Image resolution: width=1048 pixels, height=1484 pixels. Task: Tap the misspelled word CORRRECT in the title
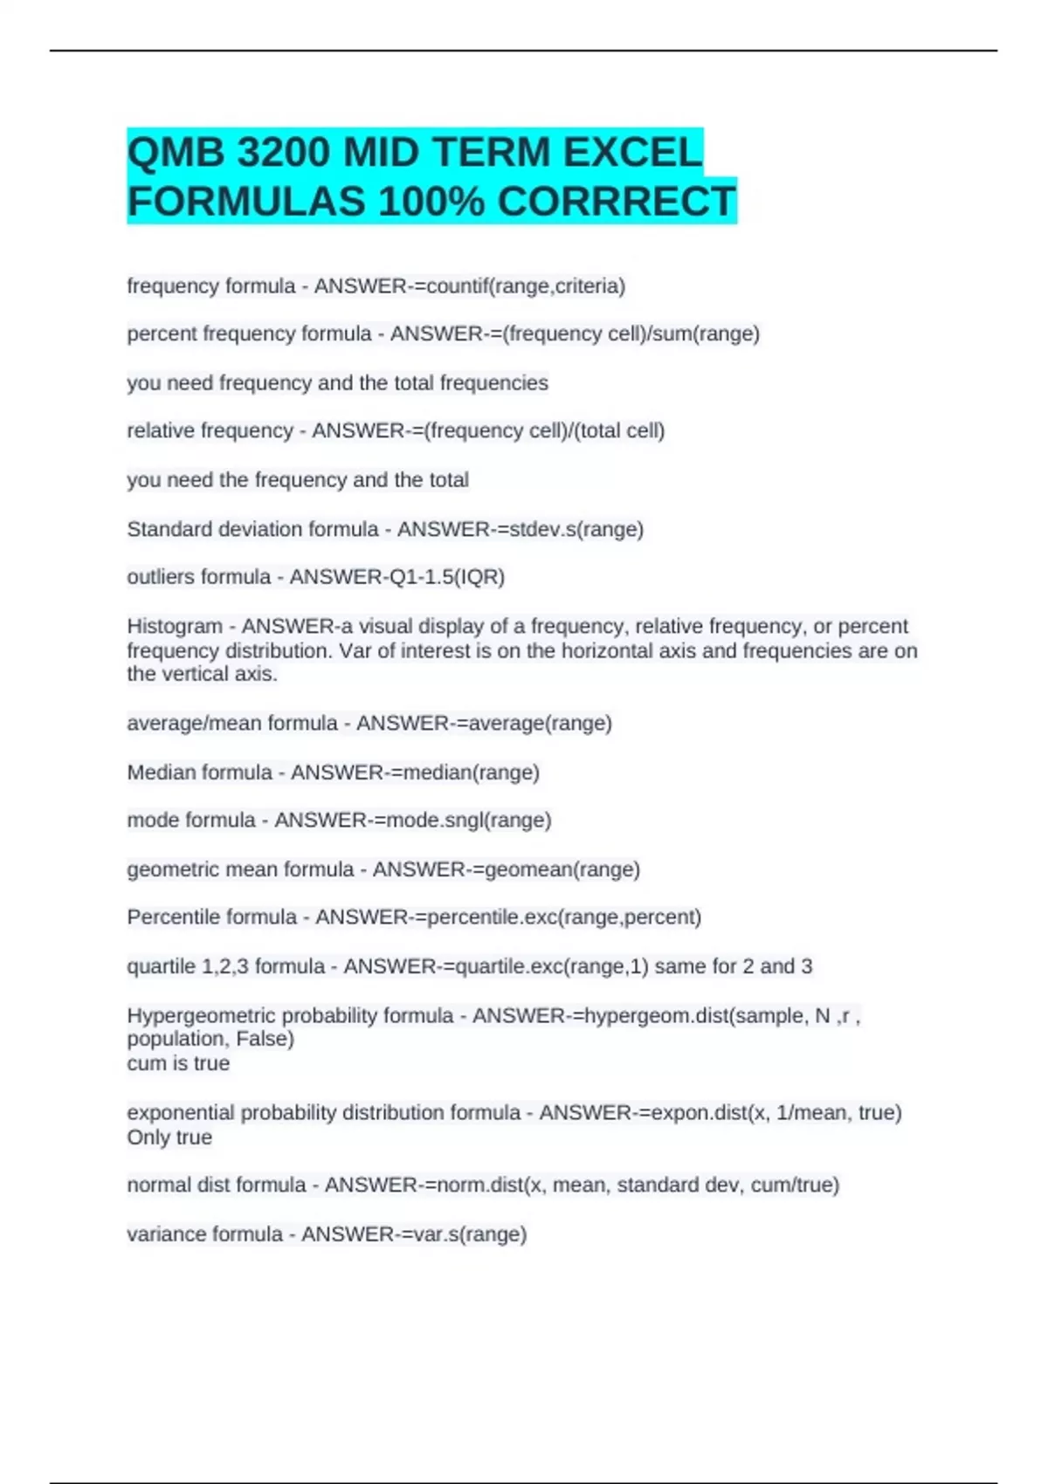coord(617,202)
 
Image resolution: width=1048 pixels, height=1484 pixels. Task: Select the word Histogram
coord(175,626)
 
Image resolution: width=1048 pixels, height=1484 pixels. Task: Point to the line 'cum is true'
coord(178,1063)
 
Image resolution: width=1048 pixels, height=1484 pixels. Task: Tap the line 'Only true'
coord(169,1137)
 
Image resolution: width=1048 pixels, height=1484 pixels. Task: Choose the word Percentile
coord(169,917)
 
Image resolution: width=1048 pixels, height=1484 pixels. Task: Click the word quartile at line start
coord(162,966)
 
